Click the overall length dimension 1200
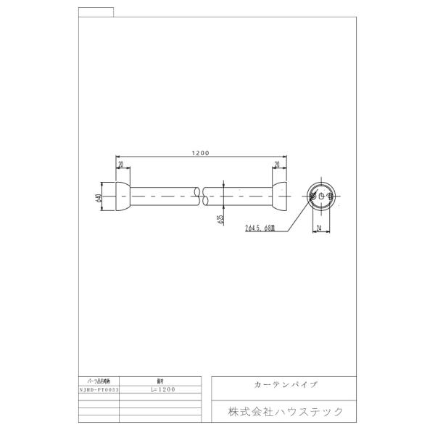click(201, 153)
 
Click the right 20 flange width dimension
click(277, 164)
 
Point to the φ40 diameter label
click(98, 196)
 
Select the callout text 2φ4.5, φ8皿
click(260, 228)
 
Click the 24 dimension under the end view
click(319, 228)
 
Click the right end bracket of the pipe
click(279, 196)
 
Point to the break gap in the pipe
click(202, 196)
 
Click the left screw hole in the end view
click(312, 196)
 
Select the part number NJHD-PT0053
click(97, 389)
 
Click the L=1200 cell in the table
click(163, 389)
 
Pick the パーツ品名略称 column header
click(97, 380)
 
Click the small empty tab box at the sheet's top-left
click(95, 11)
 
